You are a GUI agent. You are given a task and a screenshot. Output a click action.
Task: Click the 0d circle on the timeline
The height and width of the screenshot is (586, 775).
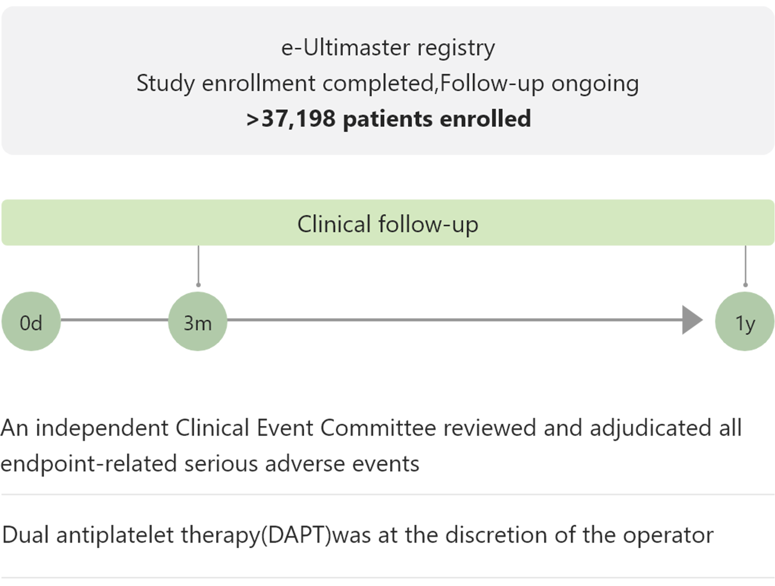coord(31,321)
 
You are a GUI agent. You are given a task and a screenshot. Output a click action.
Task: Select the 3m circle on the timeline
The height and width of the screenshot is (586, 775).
coord(198,321)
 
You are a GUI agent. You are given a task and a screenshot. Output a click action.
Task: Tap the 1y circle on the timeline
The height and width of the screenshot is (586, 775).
coord(745,321)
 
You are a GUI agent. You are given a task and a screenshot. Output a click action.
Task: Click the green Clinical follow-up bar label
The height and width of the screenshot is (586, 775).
coord(387,223)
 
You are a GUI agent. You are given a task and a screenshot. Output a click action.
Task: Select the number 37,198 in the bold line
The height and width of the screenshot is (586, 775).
coord(298,118)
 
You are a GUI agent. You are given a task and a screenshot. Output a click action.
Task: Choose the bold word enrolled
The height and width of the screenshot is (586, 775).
coord(485,118)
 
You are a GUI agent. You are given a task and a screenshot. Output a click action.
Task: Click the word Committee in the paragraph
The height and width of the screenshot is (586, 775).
coord(378,428)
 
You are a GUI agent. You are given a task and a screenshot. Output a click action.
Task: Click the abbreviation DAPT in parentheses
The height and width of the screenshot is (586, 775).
coord(299,535)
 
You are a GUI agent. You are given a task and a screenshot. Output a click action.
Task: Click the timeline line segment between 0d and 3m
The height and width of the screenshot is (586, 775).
coord(114,320)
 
